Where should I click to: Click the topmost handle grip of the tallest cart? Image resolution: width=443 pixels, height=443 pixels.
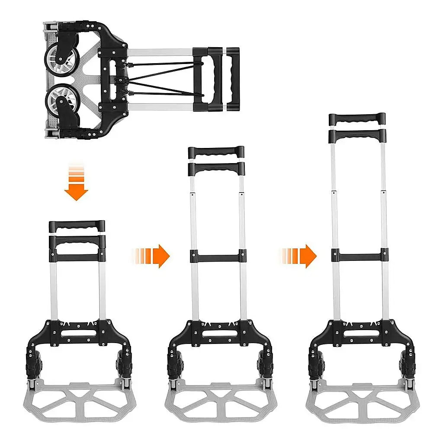(x=357, y=118)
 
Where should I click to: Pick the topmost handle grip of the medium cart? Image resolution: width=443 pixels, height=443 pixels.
(x=216, y=152)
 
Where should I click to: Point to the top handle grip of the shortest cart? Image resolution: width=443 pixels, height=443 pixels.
(x=77, y=226)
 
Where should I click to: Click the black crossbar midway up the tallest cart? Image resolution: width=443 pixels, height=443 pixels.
(x=360, y=255)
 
